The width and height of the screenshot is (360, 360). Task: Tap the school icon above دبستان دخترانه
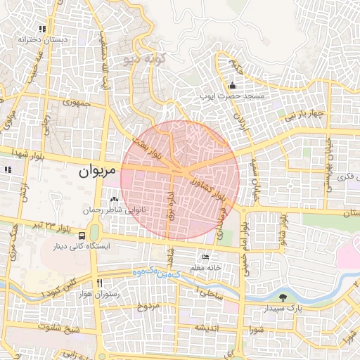[x=43, y=30]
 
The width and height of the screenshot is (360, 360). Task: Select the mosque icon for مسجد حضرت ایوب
[x=232, y=86]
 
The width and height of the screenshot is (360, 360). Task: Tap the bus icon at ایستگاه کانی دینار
[x=83, y=236]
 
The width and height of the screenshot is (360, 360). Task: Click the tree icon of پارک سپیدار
[x=283, y=297]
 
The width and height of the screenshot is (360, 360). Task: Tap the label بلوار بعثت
[x=152, y=148]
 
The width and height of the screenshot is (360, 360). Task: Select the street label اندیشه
[x=209, y=328]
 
